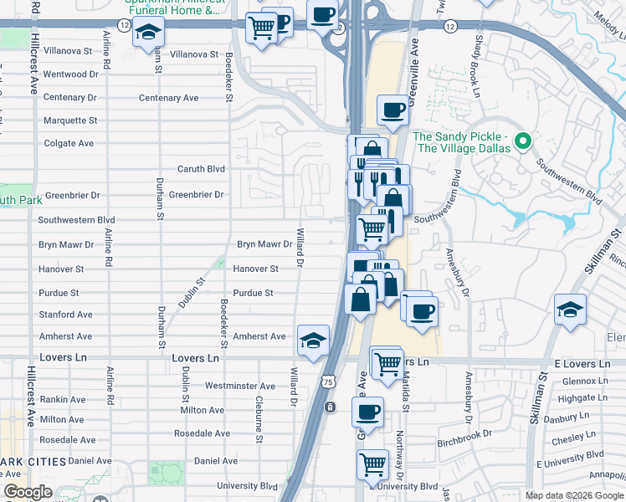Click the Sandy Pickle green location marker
tap(525, 140)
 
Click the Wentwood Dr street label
tap(70, 74)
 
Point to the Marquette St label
tap(70, 120)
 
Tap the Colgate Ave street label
tap(69, 143)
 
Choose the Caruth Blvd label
tap(201, 169)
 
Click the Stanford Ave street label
tap(66, 315)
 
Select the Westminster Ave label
tap(240, 387)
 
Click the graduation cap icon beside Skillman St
tap(570, 310)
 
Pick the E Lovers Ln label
tap(582, 364)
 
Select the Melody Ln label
tap(609, 18)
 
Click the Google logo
tap(28, 493)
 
